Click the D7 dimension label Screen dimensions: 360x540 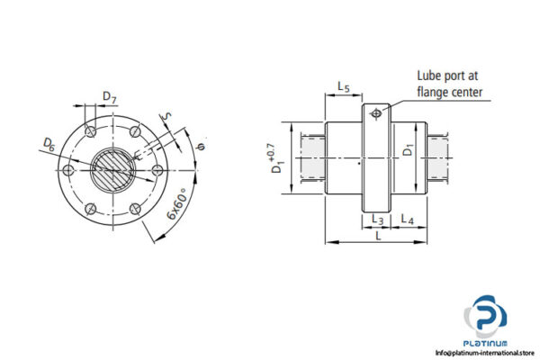tap(108, 96)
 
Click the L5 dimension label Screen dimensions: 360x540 tap(343, 86)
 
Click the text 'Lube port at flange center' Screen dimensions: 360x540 tap(450, 84)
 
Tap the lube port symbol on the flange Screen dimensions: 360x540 tap(375, 112)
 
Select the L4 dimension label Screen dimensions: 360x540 tap(406, 220)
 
